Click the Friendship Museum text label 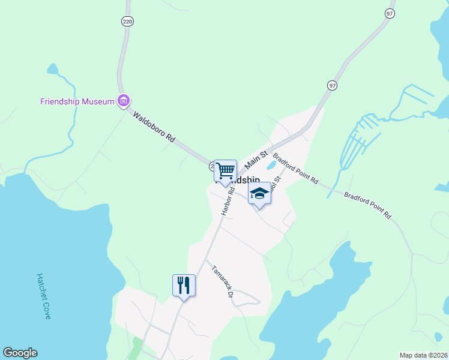[x=77, y=101]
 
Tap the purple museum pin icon [x=124, y=101]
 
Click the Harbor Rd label [x=228, y=201]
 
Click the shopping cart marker [x=225, y=171]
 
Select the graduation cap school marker [x=259, y=194]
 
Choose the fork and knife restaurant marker [x=184, y=285]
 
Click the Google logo [x=20, y=353]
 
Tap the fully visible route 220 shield [x=127, y=20]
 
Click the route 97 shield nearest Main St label [x=332, y=86]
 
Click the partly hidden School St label [x=276, y=183]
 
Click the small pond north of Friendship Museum [x=52, y=69]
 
